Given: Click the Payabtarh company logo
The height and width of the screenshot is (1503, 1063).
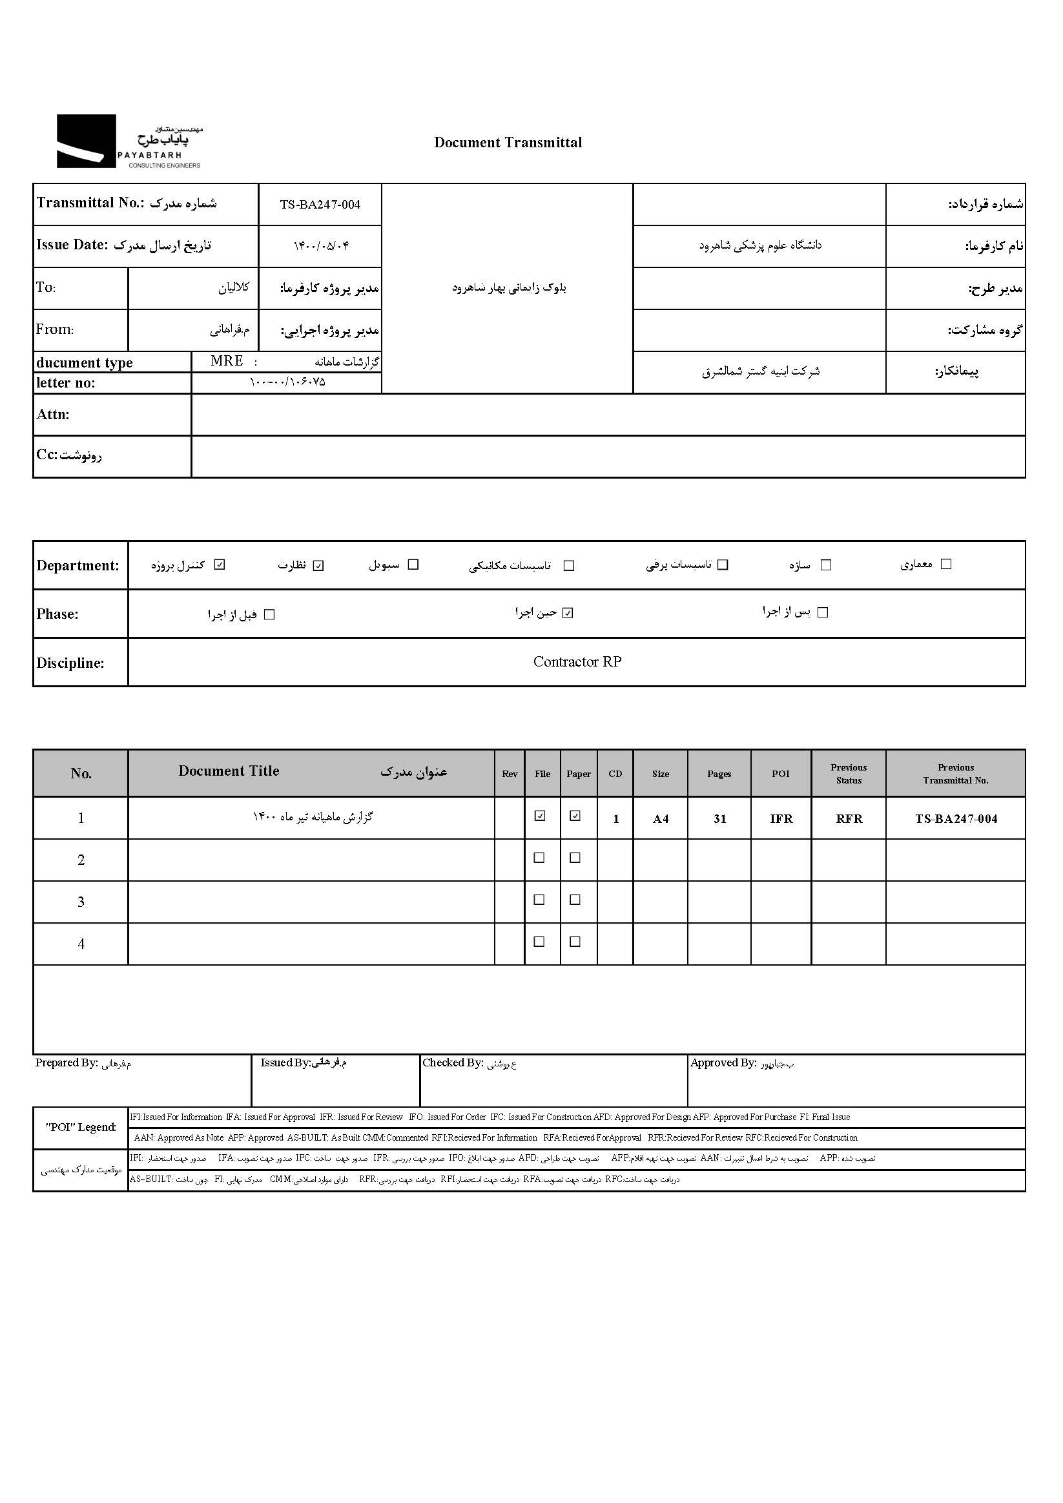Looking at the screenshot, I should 129,141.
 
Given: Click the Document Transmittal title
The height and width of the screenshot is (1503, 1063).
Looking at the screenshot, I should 508,143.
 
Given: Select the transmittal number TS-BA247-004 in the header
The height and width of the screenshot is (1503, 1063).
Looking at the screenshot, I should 320,205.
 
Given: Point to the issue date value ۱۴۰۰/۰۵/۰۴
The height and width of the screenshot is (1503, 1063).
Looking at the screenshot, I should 321,246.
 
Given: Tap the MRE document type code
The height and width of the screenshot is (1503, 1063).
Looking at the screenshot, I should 227,361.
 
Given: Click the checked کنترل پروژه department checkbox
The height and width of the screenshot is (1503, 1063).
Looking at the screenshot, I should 220,565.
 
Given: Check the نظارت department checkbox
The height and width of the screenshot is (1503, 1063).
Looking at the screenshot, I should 318,566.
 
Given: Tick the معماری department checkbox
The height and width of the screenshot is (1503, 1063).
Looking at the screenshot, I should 946,564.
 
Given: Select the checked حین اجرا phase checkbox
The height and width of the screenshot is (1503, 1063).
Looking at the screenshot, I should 568,613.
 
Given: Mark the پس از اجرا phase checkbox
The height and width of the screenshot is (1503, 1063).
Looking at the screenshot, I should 823,612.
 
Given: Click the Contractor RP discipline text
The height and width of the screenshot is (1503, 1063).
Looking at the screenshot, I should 577,662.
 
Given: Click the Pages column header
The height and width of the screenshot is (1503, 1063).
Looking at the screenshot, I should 719,774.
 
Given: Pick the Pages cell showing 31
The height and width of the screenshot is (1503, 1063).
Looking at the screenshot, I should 719,818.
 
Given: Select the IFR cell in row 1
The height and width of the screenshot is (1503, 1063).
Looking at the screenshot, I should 781,818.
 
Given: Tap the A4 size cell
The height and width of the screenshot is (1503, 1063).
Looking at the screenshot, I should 661,818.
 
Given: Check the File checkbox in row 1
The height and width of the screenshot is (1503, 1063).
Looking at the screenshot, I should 540,816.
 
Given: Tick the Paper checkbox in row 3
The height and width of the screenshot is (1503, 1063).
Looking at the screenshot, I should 575,900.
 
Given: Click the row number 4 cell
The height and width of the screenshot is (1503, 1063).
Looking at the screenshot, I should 81,944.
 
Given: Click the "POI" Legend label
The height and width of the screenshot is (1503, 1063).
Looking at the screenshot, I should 81,1127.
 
